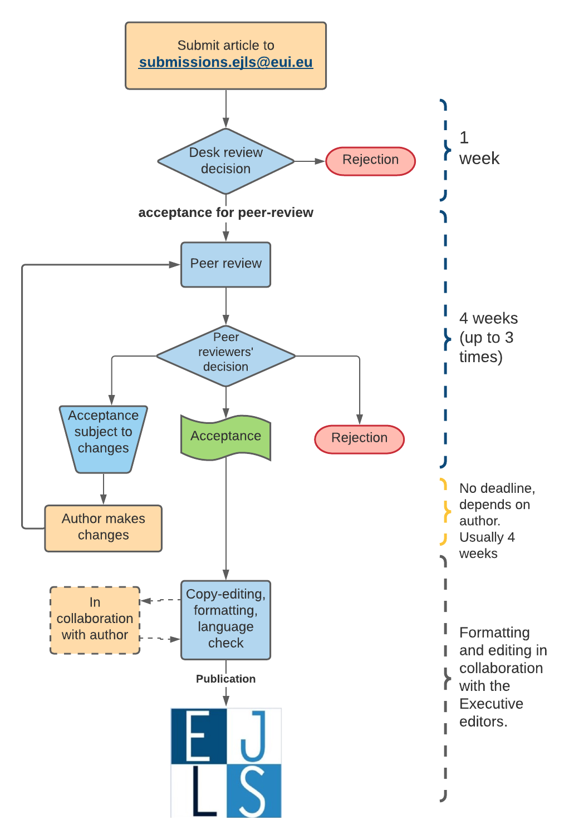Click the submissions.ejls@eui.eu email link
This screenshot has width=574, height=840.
[x=225, y=62]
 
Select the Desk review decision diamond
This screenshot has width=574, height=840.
[x=225, y=161]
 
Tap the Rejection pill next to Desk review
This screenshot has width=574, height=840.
[x=370, y=161]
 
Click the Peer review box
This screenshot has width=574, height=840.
[x=225, y=264]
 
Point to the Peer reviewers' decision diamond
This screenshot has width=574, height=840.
[x=225, y=355]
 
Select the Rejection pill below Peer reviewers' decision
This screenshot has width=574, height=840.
[x=359, y=439]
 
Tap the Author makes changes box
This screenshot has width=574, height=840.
[x=103, y=528]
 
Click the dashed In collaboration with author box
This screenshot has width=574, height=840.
[x=95, y=620]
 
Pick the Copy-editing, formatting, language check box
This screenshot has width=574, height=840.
[x=225, y=620]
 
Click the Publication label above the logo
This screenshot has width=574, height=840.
[x=225, y=679]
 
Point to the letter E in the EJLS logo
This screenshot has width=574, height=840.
[x=198, y=735]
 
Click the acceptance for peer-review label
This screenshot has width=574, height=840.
[x=225, y=213]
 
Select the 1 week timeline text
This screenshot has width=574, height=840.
[x=478, y=149]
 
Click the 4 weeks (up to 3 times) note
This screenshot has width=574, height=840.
[x=488, y=337]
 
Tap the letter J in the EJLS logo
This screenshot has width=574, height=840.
[x=253, y=735]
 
